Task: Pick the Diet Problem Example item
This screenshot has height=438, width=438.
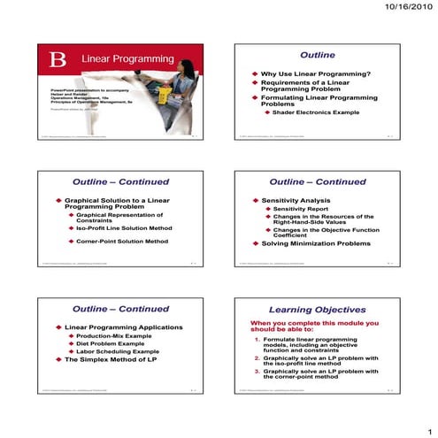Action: click(x=110, y=343)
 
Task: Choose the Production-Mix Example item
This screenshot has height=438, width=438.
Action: click(x=111, y=336)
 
